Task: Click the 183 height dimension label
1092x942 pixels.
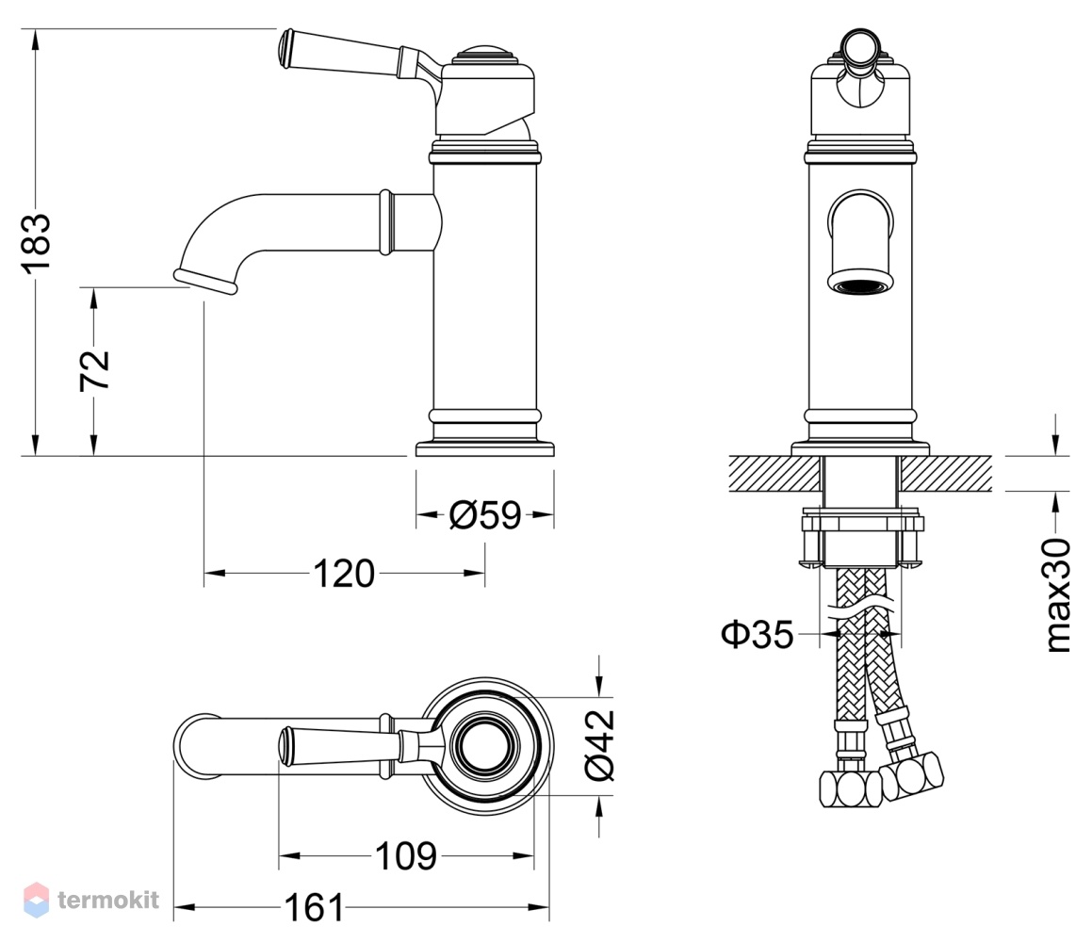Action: (36, 242)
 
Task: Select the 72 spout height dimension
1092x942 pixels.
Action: (95, 370)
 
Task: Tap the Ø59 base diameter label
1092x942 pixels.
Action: (484, 515)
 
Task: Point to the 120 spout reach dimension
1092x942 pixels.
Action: (344, 573)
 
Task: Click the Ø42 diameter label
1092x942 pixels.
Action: (599, 744)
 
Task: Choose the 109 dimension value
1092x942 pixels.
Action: (405, 855)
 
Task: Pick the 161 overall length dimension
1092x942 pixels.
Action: (314, 907)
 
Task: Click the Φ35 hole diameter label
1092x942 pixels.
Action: (757, 634)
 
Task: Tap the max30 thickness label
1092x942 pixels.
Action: (1057, 594)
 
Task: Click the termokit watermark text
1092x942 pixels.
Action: (108, 900)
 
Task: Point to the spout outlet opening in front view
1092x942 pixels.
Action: (860, 284)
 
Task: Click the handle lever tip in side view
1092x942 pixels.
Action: (285, 49)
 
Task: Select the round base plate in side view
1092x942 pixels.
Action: (484, 448)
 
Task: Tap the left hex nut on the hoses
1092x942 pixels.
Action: (851, 787)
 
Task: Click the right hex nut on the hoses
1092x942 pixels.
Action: (912, 772)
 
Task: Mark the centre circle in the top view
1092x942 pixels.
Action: (484, 744)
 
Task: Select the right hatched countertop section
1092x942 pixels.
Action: (946, 474)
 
